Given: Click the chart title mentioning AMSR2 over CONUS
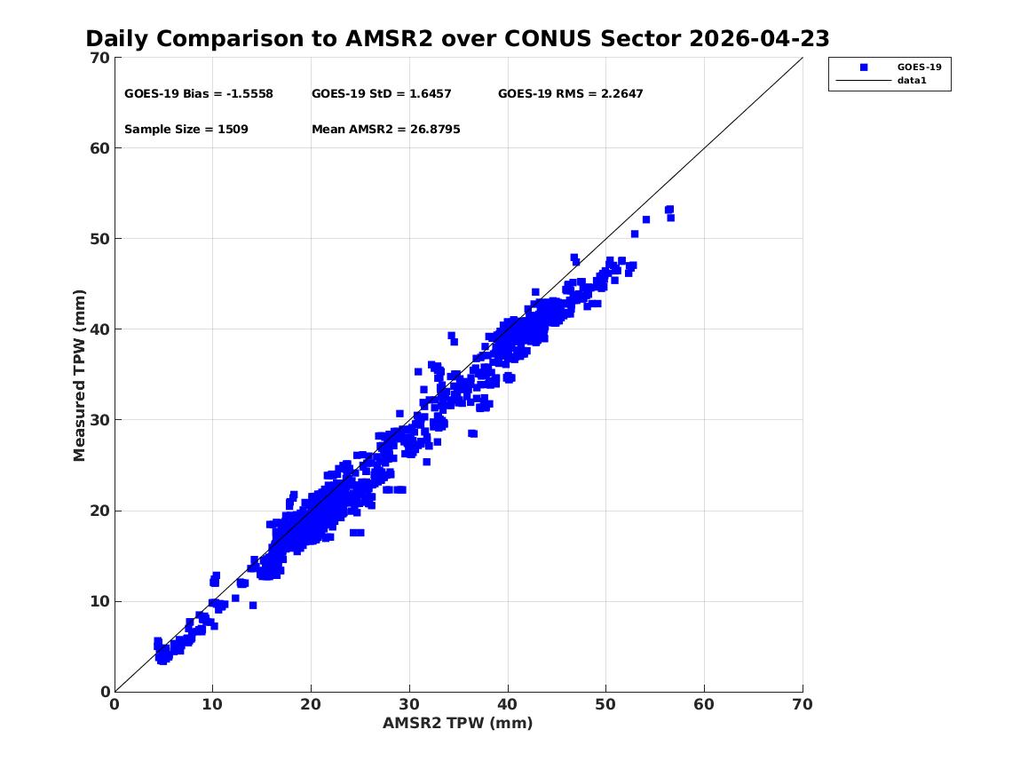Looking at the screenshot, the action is pyautogui.click(x=457, y=38).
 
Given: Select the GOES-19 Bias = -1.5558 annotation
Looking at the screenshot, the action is pyautogui.click(x=199, y=94).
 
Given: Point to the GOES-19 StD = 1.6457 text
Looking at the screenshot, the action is pyautogui.click(x=381, y=94).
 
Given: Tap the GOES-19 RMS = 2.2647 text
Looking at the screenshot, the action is pyautogui.click(x=570, y=94).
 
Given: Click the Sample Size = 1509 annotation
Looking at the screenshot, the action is pyautogui.click(x=186, y=130).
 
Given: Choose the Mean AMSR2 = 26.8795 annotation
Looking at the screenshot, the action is pyautogui.click(x=386, y=130).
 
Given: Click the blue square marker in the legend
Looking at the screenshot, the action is pyautogui.click(x=864, y=67).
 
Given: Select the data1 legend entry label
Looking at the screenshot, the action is pyautogui.click(x=912, y=81).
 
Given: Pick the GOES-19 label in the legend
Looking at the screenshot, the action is pyautogui.click(x=919, y=67).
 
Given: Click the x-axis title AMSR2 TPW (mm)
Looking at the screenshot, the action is pyautogui.click(x=458, y=723).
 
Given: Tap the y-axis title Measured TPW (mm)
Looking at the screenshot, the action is pyautogui.click(x=79, y=376).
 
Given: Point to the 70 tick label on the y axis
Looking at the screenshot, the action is pyautogui.click(x=99, y=58).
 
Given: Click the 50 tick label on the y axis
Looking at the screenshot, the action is pyautogui.click(x=99, y=239).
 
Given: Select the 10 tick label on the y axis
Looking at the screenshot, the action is pyautogui.click(x=99, y=601).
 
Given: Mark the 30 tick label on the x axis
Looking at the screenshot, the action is pyautogui.click(x=409, y=704).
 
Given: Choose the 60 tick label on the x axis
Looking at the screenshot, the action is pyautogui.click(x=704, y=704).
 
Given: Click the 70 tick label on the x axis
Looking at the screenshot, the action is pyautogui.click(x=803, y=704).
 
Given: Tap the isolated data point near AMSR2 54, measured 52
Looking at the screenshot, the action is pyautogui.click(x=646, y=219).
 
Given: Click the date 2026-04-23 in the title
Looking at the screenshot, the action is pyautogui.click(x=759, y=38).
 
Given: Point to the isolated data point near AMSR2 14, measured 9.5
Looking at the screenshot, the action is pyautogui.click(x=252, y=606).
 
